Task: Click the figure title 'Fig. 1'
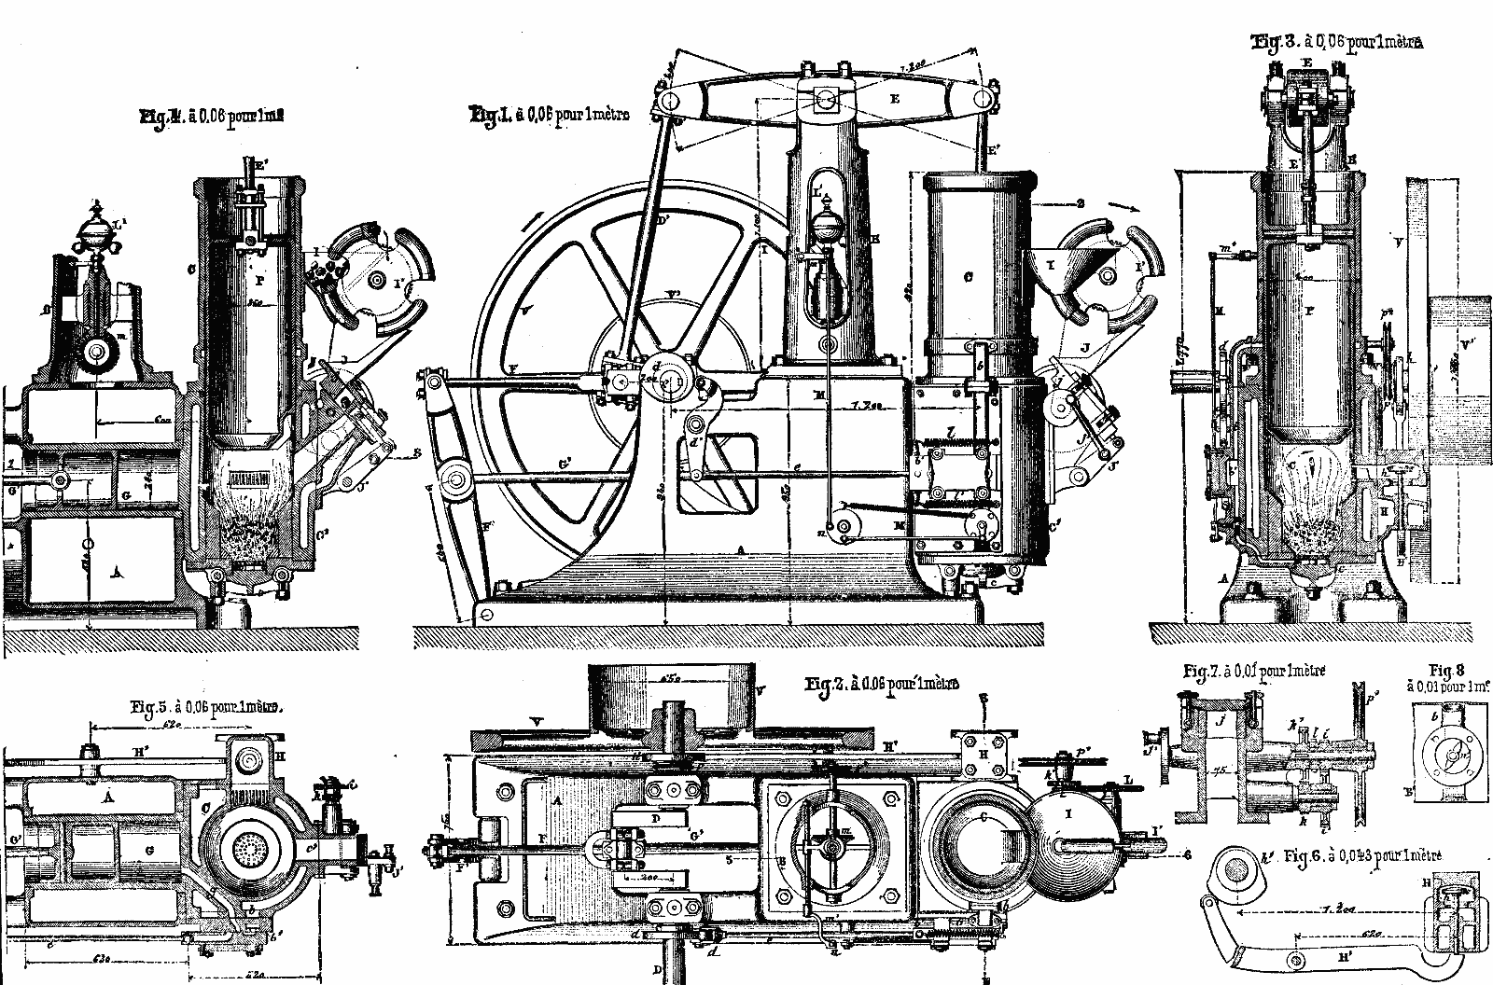(550, 116)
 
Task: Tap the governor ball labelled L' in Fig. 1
(826, 228)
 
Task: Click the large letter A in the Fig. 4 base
(116, 572)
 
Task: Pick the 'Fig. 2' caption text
(882, 686)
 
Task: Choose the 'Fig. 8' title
(1445, 670)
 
